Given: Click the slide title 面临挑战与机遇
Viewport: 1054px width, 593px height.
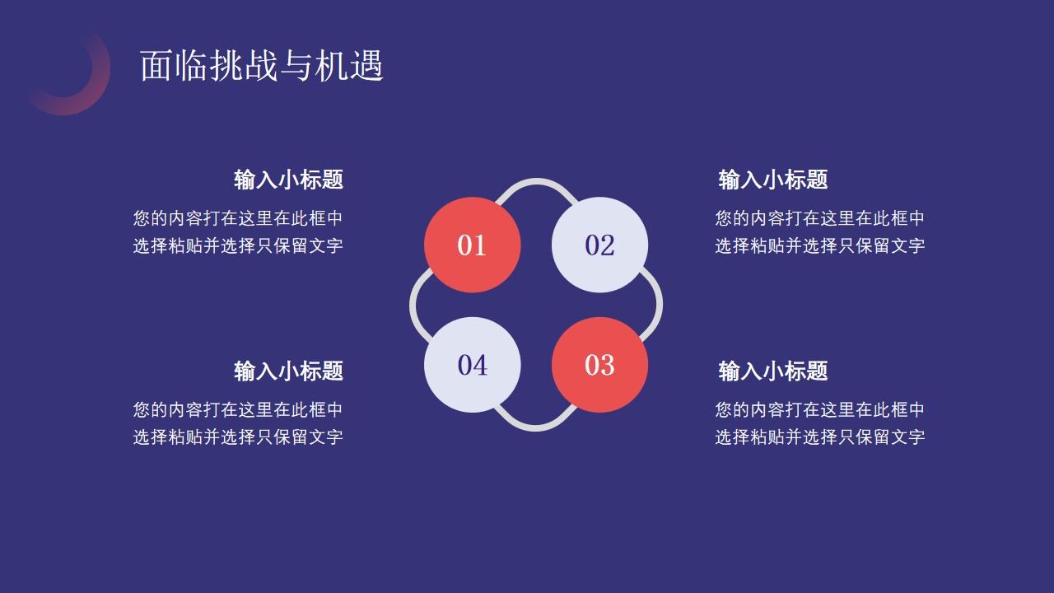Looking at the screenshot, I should coord(262,66).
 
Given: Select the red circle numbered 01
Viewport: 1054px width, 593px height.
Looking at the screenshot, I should coord(472,245).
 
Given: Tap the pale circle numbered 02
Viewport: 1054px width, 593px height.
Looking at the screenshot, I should coord(599,245).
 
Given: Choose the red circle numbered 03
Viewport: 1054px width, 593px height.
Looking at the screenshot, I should coord(599,365).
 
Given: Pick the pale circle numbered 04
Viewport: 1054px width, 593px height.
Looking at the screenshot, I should coord(472,365).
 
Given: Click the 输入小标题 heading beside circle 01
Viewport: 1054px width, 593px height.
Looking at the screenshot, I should coord(288,180).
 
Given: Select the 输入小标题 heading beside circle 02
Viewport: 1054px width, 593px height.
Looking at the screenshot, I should coord(772,180).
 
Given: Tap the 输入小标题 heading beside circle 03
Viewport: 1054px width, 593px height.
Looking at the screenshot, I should coord(772,371).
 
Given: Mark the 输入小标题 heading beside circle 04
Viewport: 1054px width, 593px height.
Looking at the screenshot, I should coord(288,371).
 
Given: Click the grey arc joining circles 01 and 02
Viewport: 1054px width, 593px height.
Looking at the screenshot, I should coord(536,182).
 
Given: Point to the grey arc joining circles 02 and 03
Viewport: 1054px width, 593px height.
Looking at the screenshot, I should coord(659,305).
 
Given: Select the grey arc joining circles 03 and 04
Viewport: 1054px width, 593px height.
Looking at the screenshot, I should coord(536,426).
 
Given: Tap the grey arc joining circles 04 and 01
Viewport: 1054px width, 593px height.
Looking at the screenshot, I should coord(413,305).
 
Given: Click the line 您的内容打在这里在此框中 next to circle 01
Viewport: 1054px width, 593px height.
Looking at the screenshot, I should coord(238,218).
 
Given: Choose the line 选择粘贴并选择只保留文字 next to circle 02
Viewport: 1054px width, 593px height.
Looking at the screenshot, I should coord(819,245).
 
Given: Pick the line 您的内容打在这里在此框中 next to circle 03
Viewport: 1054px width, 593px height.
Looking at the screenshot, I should coord(819,409).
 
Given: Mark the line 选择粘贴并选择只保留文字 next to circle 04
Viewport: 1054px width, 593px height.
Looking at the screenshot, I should coord(238,437).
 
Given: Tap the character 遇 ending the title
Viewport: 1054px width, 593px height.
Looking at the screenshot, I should coord(366,66).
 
